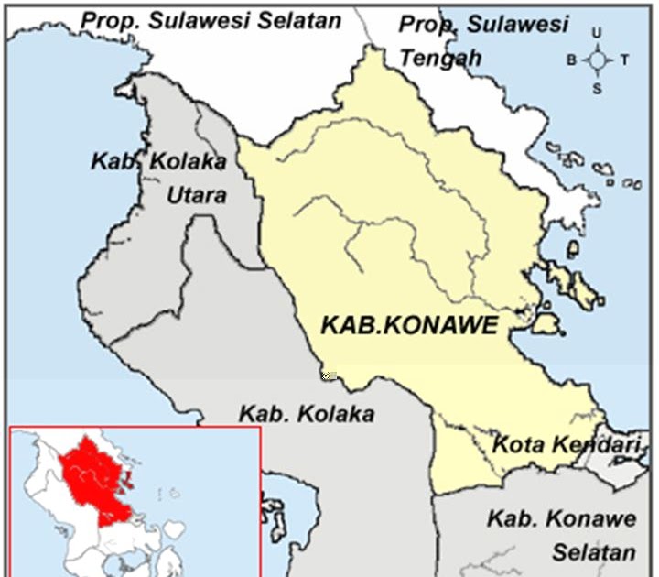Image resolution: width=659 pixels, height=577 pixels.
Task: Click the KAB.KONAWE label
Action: point(408,324)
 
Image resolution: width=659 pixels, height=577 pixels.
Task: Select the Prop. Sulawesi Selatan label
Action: point(210,19)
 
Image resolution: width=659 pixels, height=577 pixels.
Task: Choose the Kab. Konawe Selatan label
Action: point(560,536)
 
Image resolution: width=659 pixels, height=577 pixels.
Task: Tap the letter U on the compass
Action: point(597,33)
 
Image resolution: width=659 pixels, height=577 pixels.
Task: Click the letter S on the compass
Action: point(597,88)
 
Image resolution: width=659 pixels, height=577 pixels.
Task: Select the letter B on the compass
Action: point(571,61)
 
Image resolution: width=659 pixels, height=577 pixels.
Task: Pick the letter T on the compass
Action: point(624,61)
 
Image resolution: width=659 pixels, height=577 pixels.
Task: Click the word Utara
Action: point(196,195)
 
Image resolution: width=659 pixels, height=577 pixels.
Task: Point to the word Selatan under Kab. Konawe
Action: point(591,552)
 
